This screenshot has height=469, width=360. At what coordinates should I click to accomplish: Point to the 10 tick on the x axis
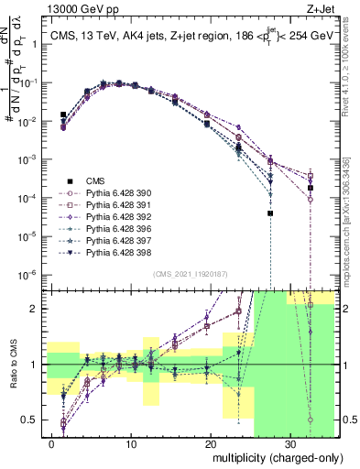132,445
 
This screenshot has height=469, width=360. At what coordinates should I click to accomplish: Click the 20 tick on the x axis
211,445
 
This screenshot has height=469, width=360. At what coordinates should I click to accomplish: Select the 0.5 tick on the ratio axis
38,420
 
